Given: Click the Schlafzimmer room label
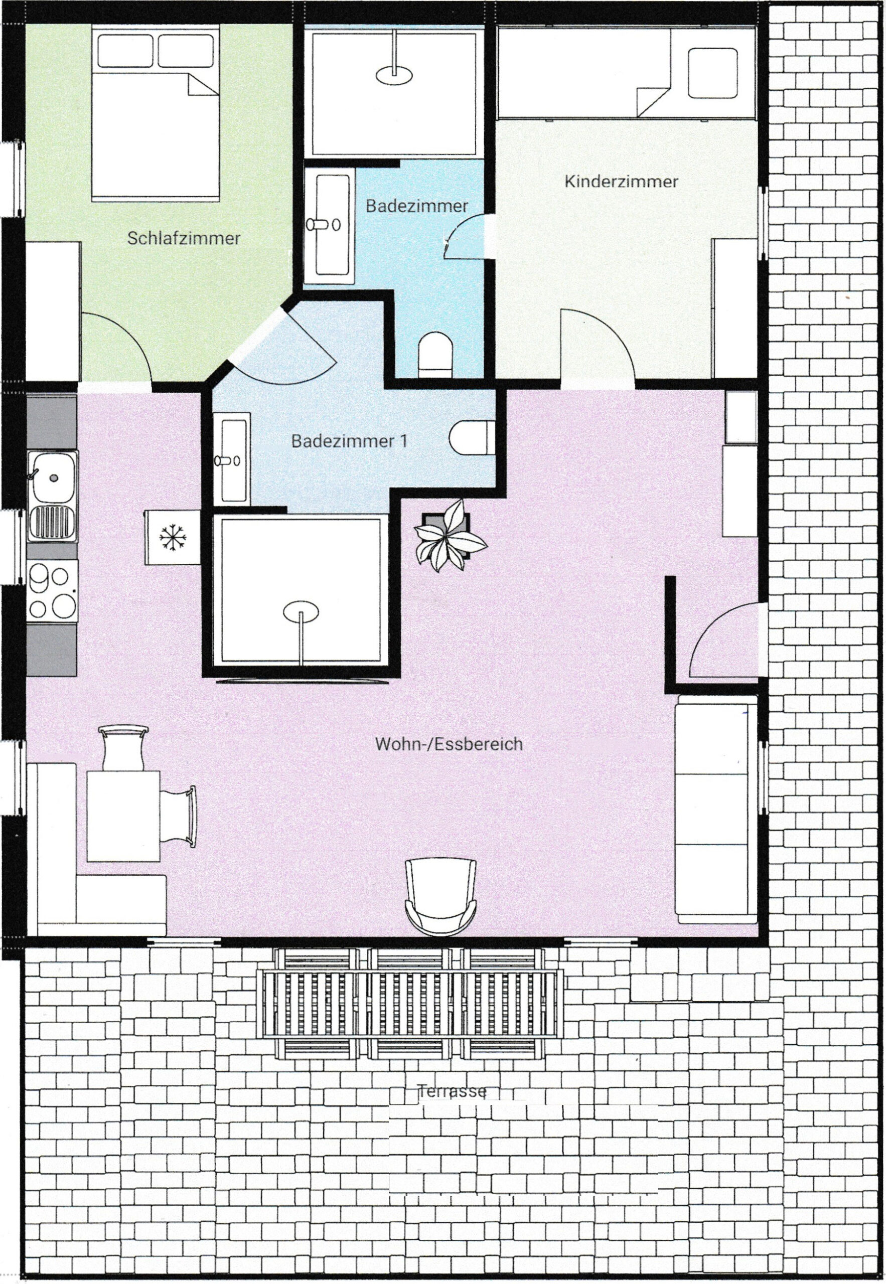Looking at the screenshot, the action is point(184,239).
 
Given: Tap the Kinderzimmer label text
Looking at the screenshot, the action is point(621,182).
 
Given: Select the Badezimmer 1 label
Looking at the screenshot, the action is point(349,441).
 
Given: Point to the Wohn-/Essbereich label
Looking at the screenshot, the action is point(449,744).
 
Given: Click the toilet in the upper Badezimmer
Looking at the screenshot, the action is point(436,354).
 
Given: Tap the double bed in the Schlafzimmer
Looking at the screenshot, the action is point(156,115).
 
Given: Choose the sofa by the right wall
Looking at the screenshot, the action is point(716,813).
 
